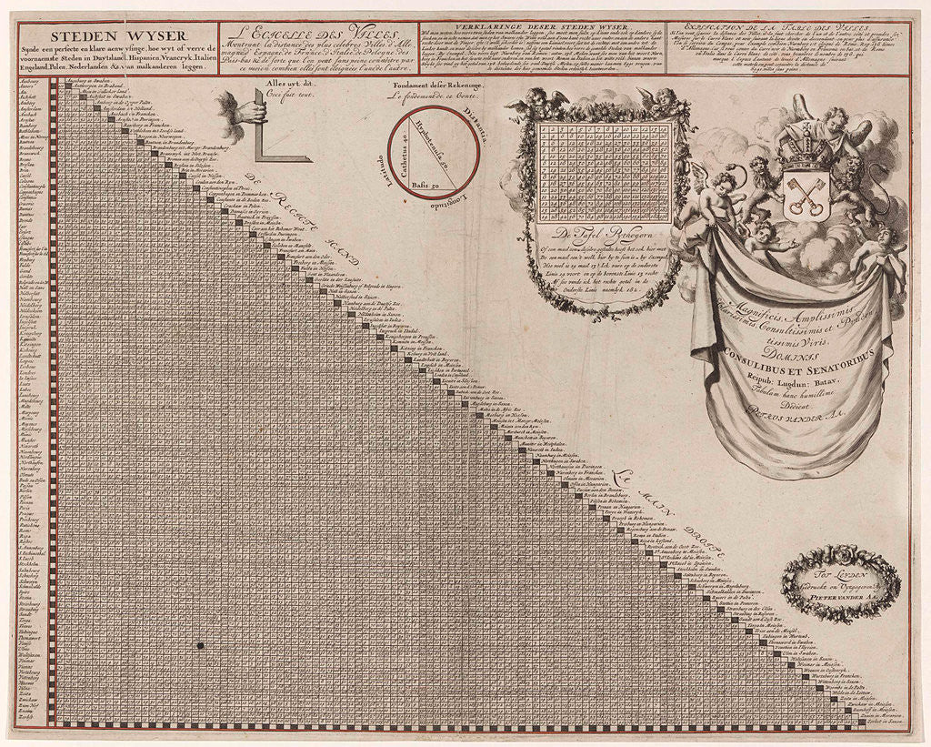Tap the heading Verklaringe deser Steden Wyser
pos(540,26)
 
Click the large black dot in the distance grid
pos(197,645)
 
